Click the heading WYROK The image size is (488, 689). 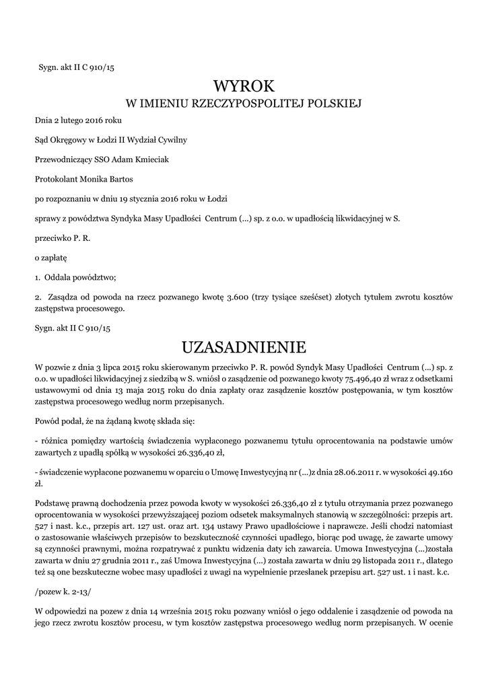click(x=244, y=87)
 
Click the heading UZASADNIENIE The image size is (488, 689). click(x=244, y=347)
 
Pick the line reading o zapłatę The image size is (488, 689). click(x=51, y=257)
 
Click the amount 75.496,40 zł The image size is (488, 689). click(x=325, y=379)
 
